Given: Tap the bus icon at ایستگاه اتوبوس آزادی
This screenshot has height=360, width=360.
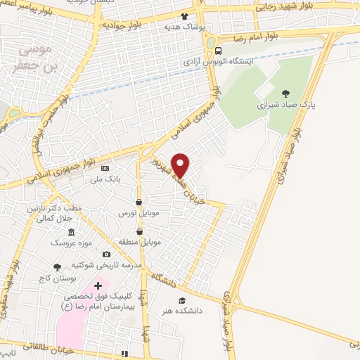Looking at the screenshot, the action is pyautogui.click(x=219, y=51).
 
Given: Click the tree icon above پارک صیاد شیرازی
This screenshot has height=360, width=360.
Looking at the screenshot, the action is pyautogui.click(x=285, y=92).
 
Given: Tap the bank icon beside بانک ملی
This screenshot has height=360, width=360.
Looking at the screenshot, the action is pyautogui.click(x=105, y=168).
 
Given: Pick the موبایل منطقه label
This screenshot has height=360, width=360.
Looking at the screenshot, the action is pyautogui.click(x=141, y=241).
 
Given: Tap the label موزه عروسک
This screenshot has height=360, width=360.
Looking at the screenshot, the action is pyautogui.click(x=70, y=242).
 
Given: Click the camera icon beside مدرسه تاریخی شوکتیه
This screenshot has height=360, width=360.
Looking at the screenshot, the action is pyautogui.click(x=106, y=255).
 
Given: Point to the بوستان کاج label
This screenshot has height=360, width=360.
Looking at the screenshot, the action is pyautogui.click(x=58, y=278).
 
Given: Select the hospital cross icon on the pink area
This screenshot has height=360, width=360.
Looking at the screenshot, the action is pyautogui.click(x=98, y=285).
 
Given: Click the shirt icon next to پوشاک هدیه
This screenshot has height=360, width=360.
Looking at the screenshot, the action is pyautogui.click(x=185, y=16).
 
